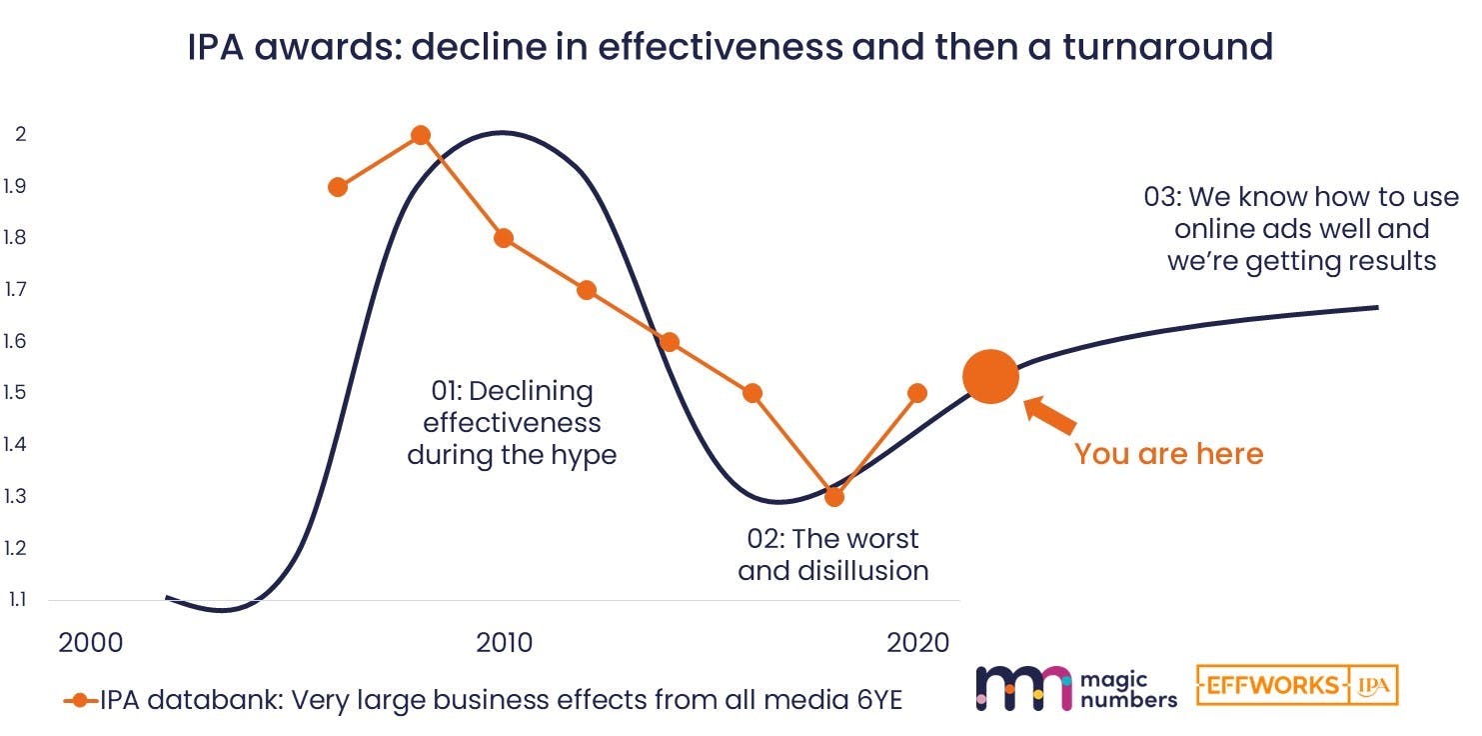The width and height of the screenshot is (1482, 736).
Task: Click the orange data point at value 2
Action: pos(421,136)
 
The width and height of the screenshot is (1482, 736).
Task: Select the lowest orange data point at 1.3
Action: pos(834,496)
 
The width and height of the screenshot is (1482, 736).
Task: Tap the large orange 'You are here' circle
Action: pos(990,377)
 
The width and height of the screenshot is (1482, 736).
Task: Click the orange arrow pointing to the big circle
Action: pos(1049,416)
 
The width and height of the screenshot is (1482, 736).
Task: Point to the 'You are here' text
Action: pos(1168,454)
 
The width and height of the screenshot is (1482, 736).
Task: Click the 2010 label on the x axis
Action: pos(504,643)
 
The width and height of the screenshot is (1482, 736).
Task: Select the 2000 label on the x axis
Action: pos(91,643)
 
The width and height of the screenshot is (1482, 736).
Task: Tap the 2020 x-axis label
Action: pos(917,643)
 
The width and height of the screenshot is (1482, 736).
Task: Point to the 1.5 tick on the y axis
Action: pos(15,392)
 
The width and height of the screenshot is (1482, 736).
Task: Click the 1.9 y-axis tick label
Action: pos(15,187)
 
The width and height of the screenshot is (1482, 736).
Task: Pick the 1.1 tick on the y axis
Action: pos(17,600)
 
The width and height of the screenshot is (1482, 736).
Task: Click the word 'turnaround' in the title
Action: pos(1168,47)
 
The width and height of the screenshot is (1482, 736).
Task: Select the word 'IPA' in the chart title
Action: pos(216,47)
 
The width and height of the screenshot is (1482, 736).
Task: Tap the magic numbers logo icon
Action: pos(1023,688)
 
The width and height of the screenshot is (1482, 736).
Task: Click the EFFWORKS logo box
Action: pos(1297,685)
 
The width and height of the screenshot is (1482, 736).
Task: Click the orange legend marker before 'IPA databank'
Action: pos(80,700)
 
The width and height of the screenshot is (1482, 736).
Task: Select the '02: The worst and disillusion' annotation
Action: pos(833,555)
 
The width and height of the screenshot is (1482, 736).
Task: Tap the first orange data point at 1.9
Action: pos(338,187)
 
